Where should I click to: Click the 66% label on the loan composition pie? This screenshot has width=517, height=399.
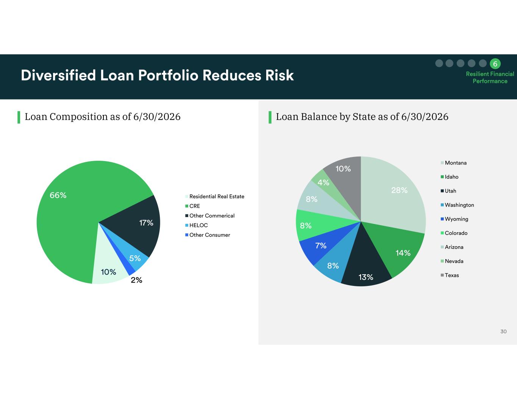pos(58,195)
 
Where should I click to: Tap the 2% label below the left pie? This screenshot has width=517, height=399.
pos(136,280)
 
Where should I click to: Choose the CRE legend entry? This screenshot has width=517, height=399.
pos(192,206)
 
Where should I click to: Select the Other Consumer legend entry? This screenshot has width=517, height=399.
pos(208,235)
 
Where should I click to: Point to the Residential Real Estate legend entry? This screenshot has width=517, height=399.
pos(215,196)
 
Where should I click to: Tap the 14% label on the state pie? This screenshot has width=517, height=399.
pos(403,253)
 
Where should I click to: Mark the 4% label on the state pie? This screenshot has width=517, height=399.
pos(323,183)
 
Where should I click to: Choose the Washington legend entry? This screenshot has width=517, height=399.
pos(457,205)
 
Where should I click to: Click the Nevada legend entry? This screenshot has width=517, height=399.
pos(452,261)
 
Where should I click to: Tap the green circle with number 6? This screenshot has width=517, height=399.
pos(495,64)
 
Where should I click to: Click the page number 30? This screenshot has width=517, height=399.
pos(503,332)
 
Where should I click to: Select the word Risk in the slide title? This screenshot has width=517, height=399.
pos(279,75)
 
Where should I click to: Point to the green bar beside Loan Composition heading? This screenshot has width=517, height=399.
pos(19,117)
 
